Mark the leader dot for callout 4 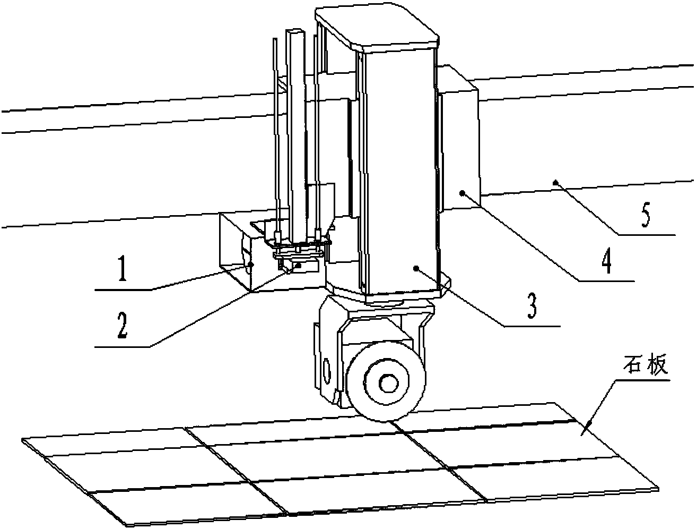462,193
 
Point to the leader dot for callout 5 556,182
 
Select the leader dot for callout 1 251,263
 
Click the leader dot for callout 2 300,265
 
